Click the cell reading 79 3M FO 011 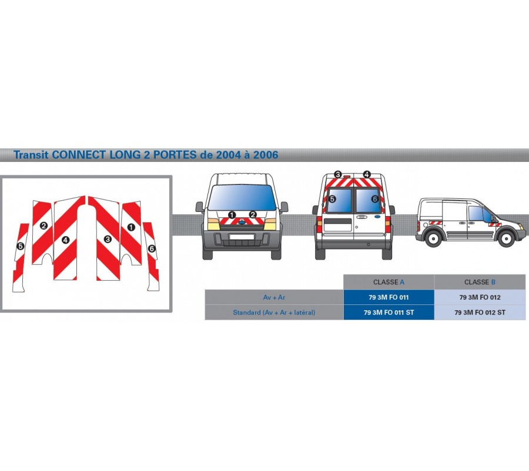tap(389, 297)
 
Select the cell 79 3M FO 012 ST tap(480, 313)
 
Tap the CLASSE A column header tap(389, 282)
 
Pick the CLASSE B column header tap(480, 282)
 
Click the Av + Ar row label tap(274, 297)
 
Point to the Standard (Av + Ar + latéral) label tap(274, 313)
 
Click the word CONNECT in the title tap(79, 155)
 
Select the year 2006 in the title tap(266, 155)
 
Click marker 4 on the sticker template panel tap(65, 240)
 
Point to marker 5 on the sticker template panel tap(21, 246)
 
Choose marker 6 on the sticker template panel tap(152, 249)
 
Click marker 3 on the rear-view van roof tap(338, 174)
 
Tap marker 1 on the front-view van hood tap(232, 215)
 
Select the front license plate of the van tap(242, 237)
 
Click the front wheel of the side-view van tap(506, 239)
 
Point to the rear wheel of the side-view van tap(433, 238)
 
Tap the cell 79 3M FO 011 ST tap(389, 313)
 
